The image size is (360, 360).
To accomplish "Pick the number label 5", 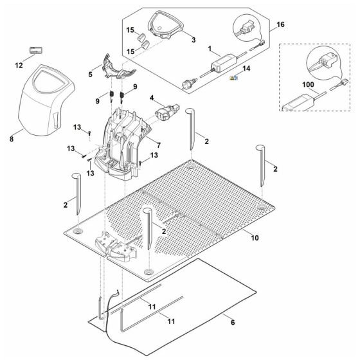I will pyautogui.click(x=89, y=75).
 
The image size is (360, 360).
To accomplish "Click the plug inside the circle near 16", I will pyautogui.click(x=247, y=30).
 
